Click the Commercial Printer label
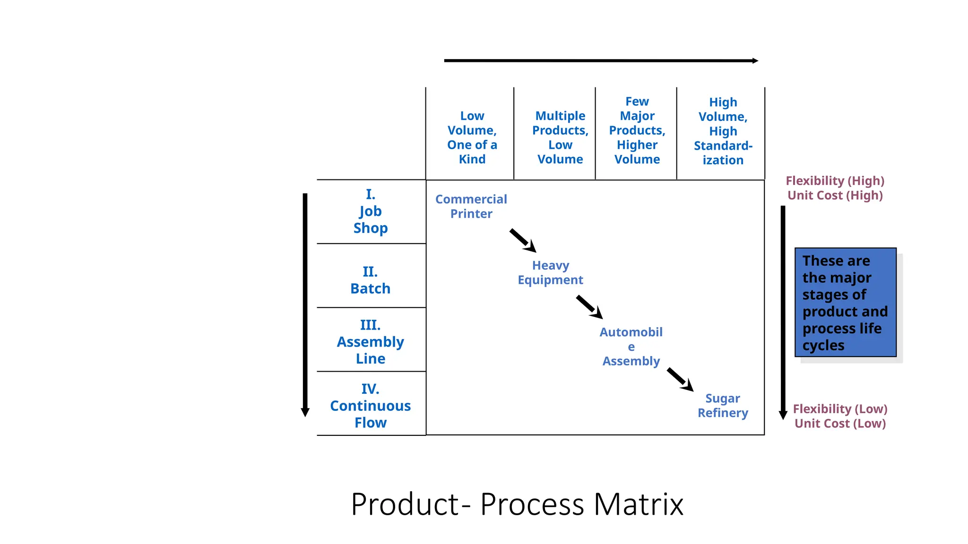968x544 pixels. click(x=471, y=206)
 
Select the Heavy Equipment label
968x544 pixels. click(x=550, y=272)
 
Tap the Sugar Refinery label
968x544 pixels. click(x=723, y=406)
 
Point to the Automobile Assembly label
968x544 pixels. click(x=631, y=347)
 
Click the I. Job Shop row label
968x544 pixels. click(x=371, y=211)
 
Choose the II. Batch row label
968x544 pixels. click(x=371, y=280)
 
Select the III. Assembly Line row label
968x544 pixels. click(x=371, y=341)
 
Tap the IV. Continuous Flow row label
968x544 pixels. click(x=371, y=406)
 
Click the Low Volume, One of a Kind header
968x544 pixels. click(x=472, y=137)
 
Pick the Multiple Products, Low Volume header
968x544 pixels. click(x=560, y=137)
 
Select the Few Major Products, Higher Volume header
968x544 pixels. click(x=637, y=130)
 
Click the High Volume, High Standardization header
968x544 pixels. click(x=723, y=131)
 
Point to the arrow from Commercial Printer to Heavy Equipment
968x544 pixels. click(x=523, y=240)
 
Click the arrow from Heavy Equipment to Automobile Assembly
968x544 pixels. click(x=589, y=307)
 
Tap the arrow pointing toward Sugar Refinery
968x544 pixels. click(x=680, y=380)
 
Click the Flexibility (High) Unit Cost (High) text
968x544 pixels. click(x=835, y=188)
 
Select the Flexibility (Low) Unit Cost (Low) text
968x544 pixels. click(x=840, y=416)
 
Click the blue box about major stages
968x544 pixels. click(x=845, y=302)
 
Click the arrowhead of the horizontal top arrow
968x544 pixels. click(x=755, y=60)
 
